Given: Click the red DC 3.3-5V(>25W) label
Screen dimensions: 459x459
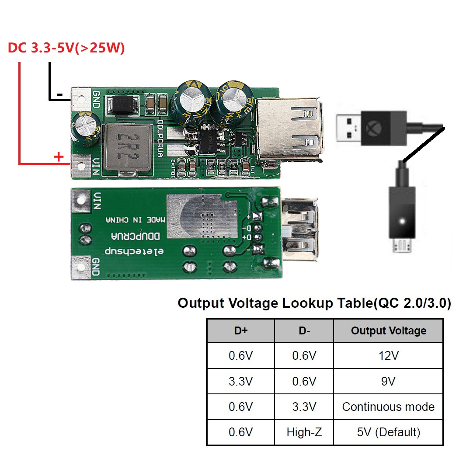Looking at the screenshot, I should tap(66, 48).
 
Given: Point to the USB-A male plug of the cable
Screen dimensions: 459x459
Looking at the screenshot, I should tap(349, 127).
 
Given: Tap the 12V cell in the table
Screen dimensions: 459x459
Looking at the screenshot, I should tap(388, 356).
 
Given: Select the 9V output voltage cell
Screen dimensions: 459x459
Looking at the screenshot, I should tap(388, 381).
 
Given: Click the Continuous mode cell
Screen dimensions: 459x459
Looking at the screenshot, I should tap(388, 407).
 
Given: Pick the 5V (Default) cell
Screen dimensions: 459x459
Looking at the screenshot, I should tap(388, 432).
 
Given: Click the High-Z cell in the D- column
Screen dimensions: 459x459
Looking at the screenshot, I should tap(304, 432).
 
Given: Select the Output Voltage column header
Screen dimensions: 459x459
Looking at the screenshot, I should tap(388, 331).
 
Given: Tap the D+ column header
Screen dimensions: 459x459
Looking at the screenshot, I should tap(240, 331).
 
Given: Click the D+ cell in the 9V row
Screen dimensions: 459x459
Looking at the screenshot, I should tap(240, 381).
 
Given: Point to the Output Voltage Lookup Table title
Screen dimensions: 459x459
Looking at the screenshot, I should tap(314, 303).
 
